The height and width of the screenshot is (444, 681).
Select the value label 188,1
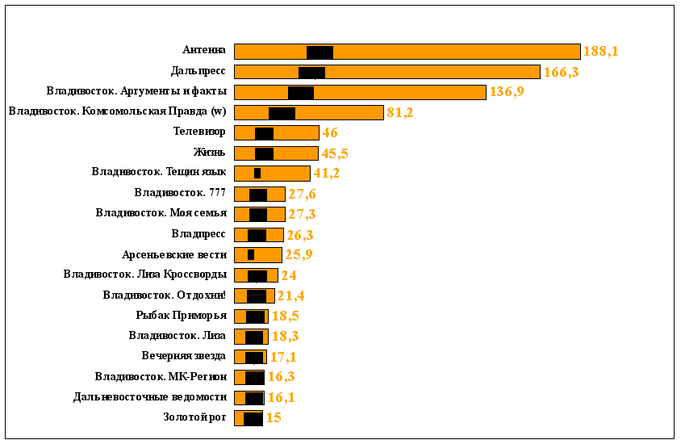600,52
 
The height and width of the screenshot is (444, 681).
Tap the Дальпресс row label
198,71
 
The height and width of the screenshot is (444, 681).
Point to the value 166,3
561,72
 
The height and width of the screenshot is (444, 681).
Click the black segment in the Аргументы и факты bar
301,92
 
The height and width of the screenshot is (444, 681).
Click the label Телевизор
199,132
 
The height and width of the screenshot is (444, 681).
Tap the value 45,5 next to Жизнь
335,153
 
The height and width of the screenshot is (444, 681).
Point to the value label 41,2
327,174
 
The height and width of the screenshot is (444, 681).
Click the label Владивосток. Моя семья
161,213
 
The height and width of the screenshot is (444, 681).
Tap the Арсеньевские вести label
173,254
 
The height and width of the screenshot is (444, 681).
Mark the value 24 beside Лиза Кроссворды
288,275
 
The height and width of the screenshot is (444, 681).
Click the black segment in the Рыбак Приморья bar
256,316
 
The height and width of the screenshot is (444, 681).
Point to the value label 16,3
281,377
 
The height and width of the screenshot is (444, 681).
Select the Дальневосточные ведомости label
149,397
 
